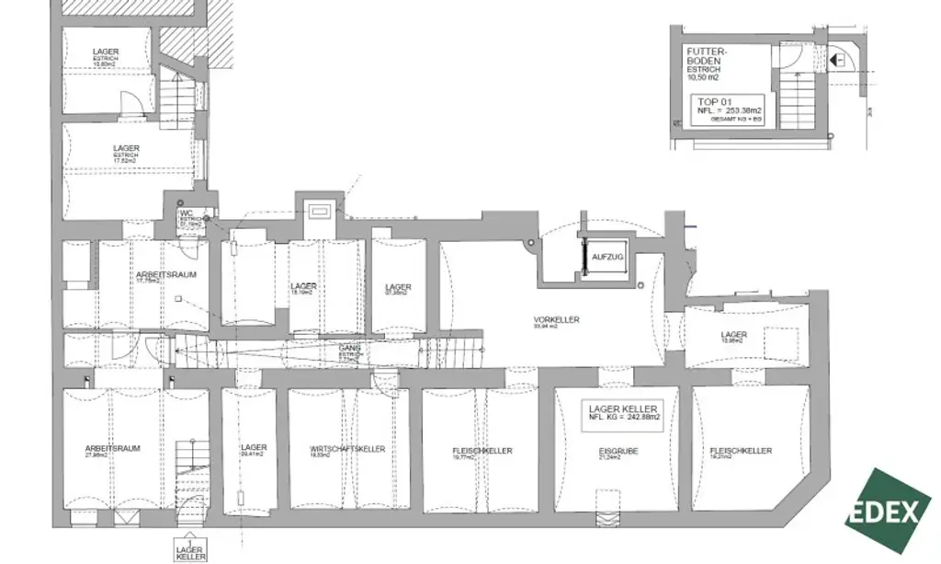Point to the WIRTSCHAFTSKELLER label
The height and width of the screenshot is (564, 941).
(347, 449)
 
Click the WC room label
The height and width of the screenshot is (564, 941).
(186, 213)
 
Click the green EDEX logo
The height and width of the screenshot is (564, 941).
(888, 512)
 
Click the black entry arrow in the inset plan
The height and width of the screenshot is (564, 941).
(836, 60)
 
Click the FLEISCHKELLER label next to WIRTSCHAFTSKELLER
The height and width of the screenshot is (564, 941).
(482, 451)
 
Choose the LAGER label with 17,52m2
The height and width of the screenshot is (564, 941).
(126, 148)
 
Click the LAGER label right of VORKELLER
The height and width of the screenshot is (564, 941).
(733, 335)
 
